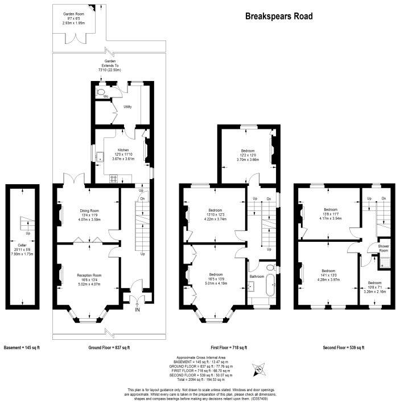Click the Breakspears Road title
pos(278,17)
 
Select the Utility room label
pos(127,107)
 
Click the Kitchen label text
pos(115,150)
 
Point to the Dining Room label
pos(89,211)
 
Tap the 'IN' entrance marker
pos(137,310)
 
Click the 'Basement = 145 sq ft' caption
pos(22,347)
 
